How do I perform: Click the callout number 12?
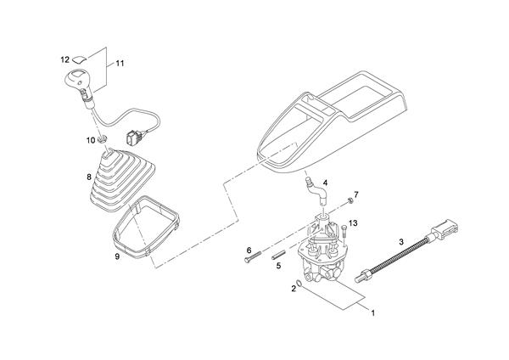tap(65, 59)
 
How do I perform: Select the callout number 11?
tap(120, 64)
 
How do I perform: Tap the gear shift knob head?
tap(76, 79)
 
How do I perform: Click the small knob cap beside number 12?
tap(80, 59)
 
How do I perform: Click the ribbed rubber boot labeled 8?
tap(121, 180)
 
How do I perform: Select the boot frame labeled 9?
tap(146, 227)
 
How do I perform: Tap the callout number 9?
tap(117, 256)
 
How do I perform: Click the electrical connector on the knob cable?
tap(135, 136)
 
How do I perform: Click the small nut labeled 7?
tap(350, 200)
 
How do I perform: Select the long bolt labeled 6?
tap(253, 256)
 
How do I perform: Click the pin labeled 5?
tap(278, 254)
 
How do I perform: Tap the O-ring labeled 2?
tap(299, 283)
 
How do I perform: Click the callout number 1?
tap(373, 313)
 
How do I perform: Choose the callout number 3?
tap(401, 242)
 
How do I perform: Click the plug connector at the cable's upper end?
tap(444, 229)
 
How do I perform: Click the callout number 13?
tap(353, 223)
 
